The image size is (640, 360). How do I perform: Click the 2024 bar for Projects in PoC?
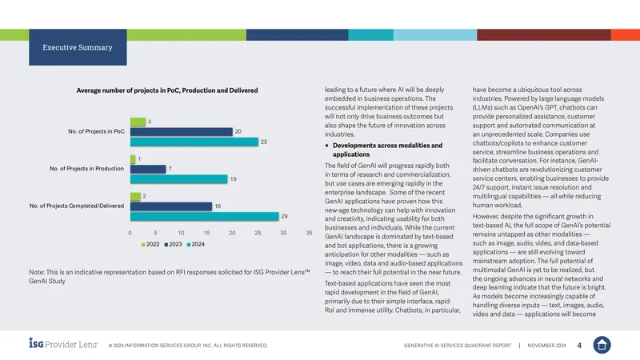pos(194,142)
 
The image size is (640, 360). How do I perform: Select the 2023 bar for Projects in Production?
pos(148,169)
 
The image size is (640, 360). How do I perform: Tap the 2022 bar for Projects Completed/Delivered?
pos(135,196)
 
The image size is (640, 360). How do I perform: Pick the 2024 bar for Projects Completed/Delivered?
pos(205,216)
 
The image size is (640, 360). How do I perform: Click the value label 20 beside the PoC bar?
pos(238,131)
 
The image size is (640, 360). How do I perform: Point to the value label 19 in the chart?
pos(233,179)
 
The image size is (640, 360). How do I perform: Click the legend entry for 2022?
pos(150,245)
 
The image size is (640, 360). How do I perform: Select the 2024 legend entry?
pos(195,245)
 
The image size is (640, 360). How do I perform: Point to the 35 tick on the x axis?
pos(309,233)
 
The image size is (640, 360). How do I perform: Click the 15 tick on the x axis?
pos(206,233)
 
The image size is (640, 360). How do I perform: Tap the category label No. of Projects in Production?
pos(86,169)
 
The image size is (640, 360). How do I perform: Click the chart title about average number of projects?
pos(167,90)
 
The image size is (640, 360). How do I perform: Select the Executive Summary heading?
pos(78,47)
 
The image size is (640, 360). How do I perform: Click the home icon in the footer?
pos(602,345)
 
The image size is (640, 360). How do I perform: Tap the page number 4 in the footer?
pos(579,346)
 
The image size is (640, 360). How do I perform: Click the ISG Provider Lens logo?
pos(63,343)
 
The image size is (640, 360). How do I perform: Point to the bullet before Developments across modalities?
pos(327,146)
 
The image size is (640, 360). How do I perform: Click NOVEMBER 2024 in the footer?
pos(546,346)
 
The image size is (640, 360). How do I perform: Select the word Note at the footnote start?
pos(36,272)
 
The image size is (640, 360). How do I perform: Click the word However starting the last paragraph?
pos(486,216)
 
